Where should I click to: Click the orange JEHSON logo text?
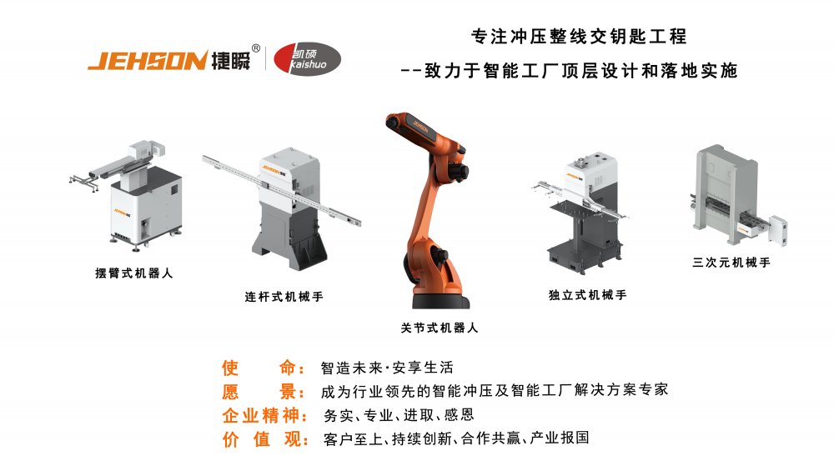coord(147,61)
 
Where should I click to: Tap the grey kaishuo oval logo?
coord(306,58)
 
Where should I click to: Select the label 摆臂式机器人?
coord(134,273)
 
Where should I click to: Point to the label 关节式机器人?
coord(440,328)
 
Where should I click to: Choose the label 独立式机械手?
coord(587,295)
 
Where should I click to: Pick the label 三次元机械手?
coord(731,262)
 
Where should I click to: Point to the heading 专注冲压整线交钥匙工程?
coord(579,37)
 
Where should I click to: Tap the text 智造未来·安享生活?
coord(388,368)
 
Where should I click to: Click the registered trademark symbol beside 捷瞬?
coord(256,48)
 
